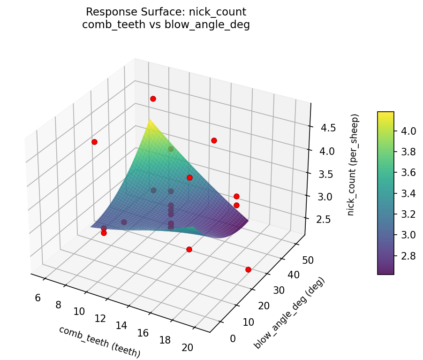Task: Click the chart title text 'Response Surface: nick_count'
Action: pyautogui.click(x=166, y=12)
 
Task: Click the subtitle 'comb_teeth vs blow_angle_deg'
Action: pyautogui.click(x=166, y=25)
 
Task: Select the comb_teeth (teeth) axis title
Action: pyautogui.click(x=99, y=342)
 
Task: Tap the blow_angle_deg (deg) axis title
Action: pyautogui.click(x=289, y=313)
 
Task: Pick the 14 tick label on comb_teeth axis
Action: pyautogui.click(x=122, y=325)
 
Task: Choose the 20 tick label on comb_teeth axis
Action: pyautogui.click(x=187, y=347)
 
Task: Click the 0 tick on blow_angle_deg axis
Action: pyautogui.click(x=233, y=338)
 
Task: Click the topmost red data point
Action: pyautogui.click(x=153, y=99)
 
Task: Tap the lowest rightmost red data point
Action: pyautogui.click(x=248, y=269)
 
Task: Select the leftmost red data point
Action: pyautogui.click(x=94, y=142)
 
